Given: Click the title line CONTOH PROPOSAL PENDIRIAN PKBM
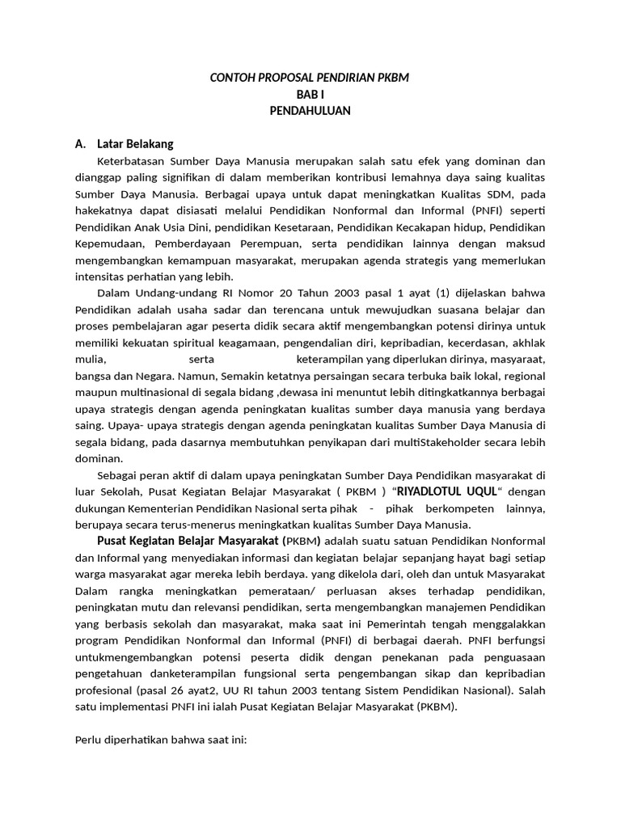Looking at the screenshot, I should pyautogui.click(x=310, y=78).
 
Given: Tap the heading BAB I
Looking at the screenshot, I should pyautogui.click(x=310, y=95).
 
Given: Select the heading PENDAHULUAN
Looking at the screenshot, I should pyautogui.click(x=310, y=111).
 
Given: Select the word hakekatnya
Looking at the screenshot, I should pyautogui.click(x=102, y=210).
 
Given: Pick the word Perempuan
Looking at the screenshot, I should pyautogui.click(x=268, y=244).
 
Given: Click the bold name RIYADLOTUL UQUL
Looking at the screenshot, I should pyautogui.click(x=446, y=492).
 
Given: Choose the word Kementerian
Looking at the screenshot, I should pyautogui.click(x=163, y=509).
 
